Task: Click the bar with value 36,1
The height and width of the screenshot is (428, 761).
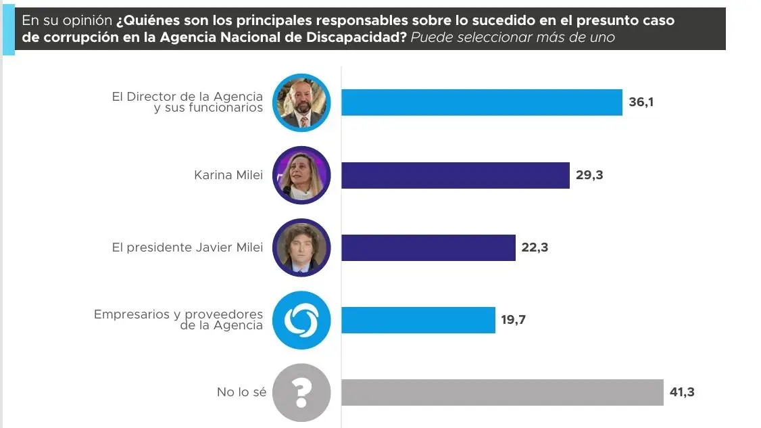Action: pos(481,103)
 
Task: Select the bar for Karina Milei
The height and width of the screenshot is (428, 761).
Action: pos(455,175)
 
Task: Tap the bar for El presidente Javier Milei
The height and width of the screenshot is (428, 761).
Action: pos(428,247)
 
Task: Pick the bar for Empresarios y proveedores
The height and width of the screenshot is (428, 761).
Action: pos(418,320)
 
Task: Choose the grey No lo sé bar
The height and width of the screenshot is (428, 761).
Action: pos(502,392)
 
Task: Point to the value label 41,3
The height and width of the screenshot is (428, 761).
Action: pos(682,392)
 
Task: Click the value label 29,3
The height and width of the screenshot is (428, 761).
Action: pos(590,175)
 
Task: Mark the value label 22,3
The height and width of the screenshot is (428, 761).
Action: pos(535,247)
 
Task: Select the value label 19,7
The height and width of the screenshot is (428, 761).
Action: pos(514,320)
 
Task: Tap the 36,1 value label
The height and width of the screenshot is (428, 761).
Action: pos(641,103)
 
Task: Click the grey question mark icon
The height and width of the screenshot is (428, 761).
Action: pos(301,392)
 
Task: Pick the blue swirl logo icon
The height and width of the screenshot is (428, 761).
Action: pos(301,320)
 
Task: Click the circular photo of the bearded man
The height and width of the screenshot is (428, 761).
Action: pos(301,103)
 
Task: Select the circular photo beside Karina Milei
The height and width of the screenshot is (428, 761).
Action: pos(301,175)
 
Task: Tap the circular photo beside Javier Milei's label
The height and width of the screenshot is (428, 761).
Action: pos(301,247)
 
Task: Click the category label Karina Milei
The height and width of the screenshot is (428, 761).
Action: pos(228,176)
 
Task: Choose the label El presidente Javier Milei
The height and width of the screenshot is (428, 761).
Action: pos(187,247)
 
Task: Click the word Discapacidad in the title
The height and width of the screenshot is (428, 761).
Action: pos(351,37)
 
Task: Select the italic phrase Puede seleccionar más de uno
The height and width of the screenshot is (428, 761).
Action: pos(513,37)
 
